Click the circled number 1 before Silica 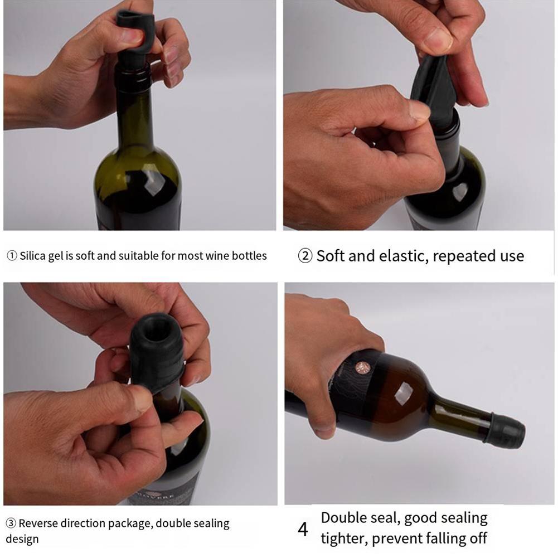[12, 256]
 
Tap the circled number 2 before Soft [305, 256]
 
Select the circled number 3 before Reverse [11, 523]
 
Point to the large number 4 [303, 529]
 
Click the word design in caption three [22, 539]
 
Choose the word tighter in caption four [344, 538]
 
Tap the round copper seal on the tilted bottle [362, 367]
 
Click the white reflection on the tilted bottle [404, 392]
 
